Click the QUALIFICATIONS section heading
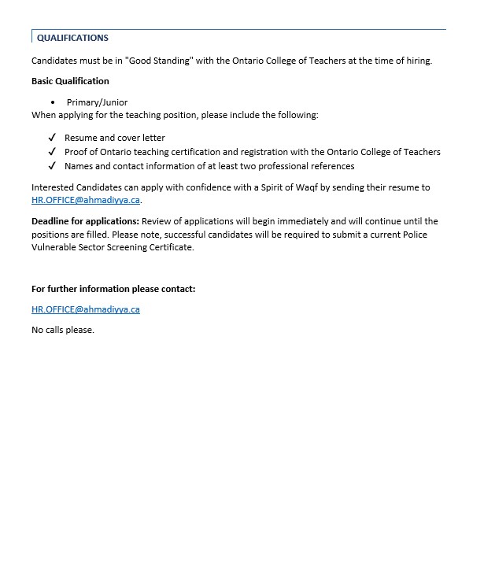(x=72, y=38)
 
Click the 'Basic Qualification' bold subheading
(x=70, y=81)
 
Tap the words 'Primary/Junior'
(x=97, y=102)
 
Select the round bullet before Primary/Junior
(x=53, y=102)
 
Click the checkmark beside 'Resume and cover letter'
(x=52, y=138)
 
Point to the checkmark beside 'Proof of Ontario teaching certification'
(x=52, y=152)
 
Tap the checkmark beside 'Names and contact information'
(x=52, y=166)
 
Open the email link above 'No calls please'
(x=85, y=309)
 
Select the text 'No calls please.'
(x=63, y=330)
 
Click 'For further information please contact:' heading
(x=113, y=289)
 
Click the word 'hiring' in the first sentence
(x=416, y=61)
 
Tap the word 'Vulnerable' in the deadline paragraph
(x=55, y=247)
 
